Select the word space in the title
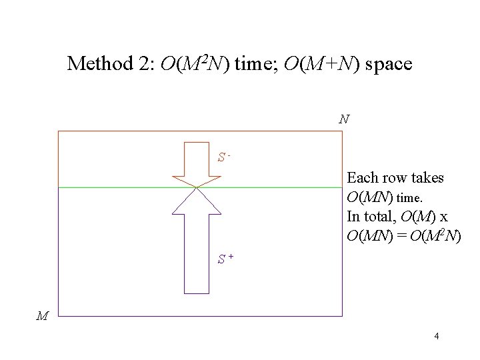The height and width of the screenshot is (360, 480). (x=388, y=64)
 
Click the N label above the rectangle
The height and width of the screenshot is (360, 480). (x=343, y=120)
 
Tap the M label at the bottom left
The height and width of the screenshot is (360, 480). (x=42, y=317)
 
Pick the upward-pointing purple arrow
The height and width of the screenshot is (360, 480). (x=196, y=247)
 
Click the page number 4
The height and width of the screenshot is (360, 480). (x=436, y=336)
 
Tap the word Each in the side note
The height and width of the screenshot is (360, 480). (x=362, y=178)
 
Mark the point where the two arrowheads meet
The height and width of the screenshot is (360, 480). (x=196, y=187)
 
